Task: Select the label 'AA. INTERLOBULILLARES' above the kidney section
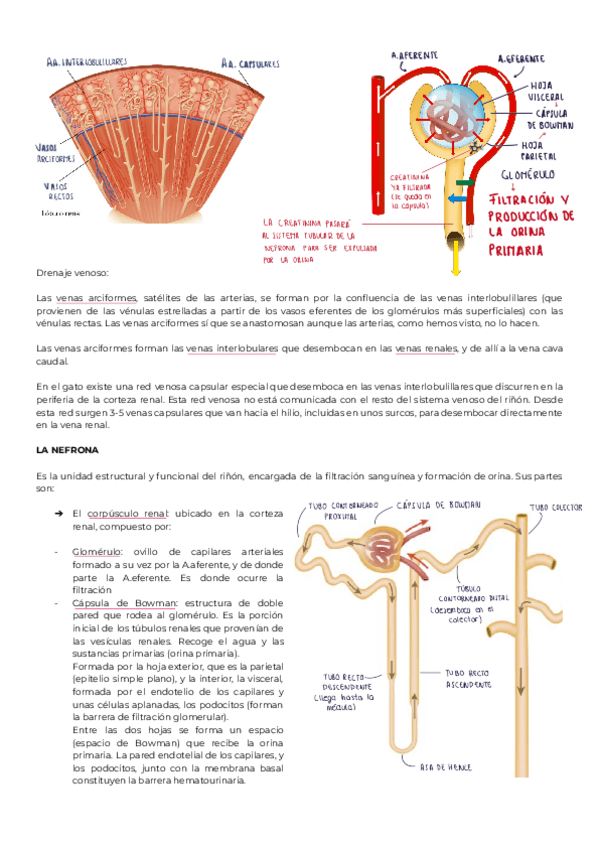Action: coord(87,61)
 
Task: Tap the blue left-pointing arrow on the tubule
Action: coord(455,197)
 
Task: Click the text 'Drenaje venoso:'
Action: coord(72,272)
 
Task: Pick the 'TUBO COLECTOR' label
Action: coord(554,508)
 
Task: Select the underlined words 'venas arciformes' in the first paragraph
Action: coord(96,298)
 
